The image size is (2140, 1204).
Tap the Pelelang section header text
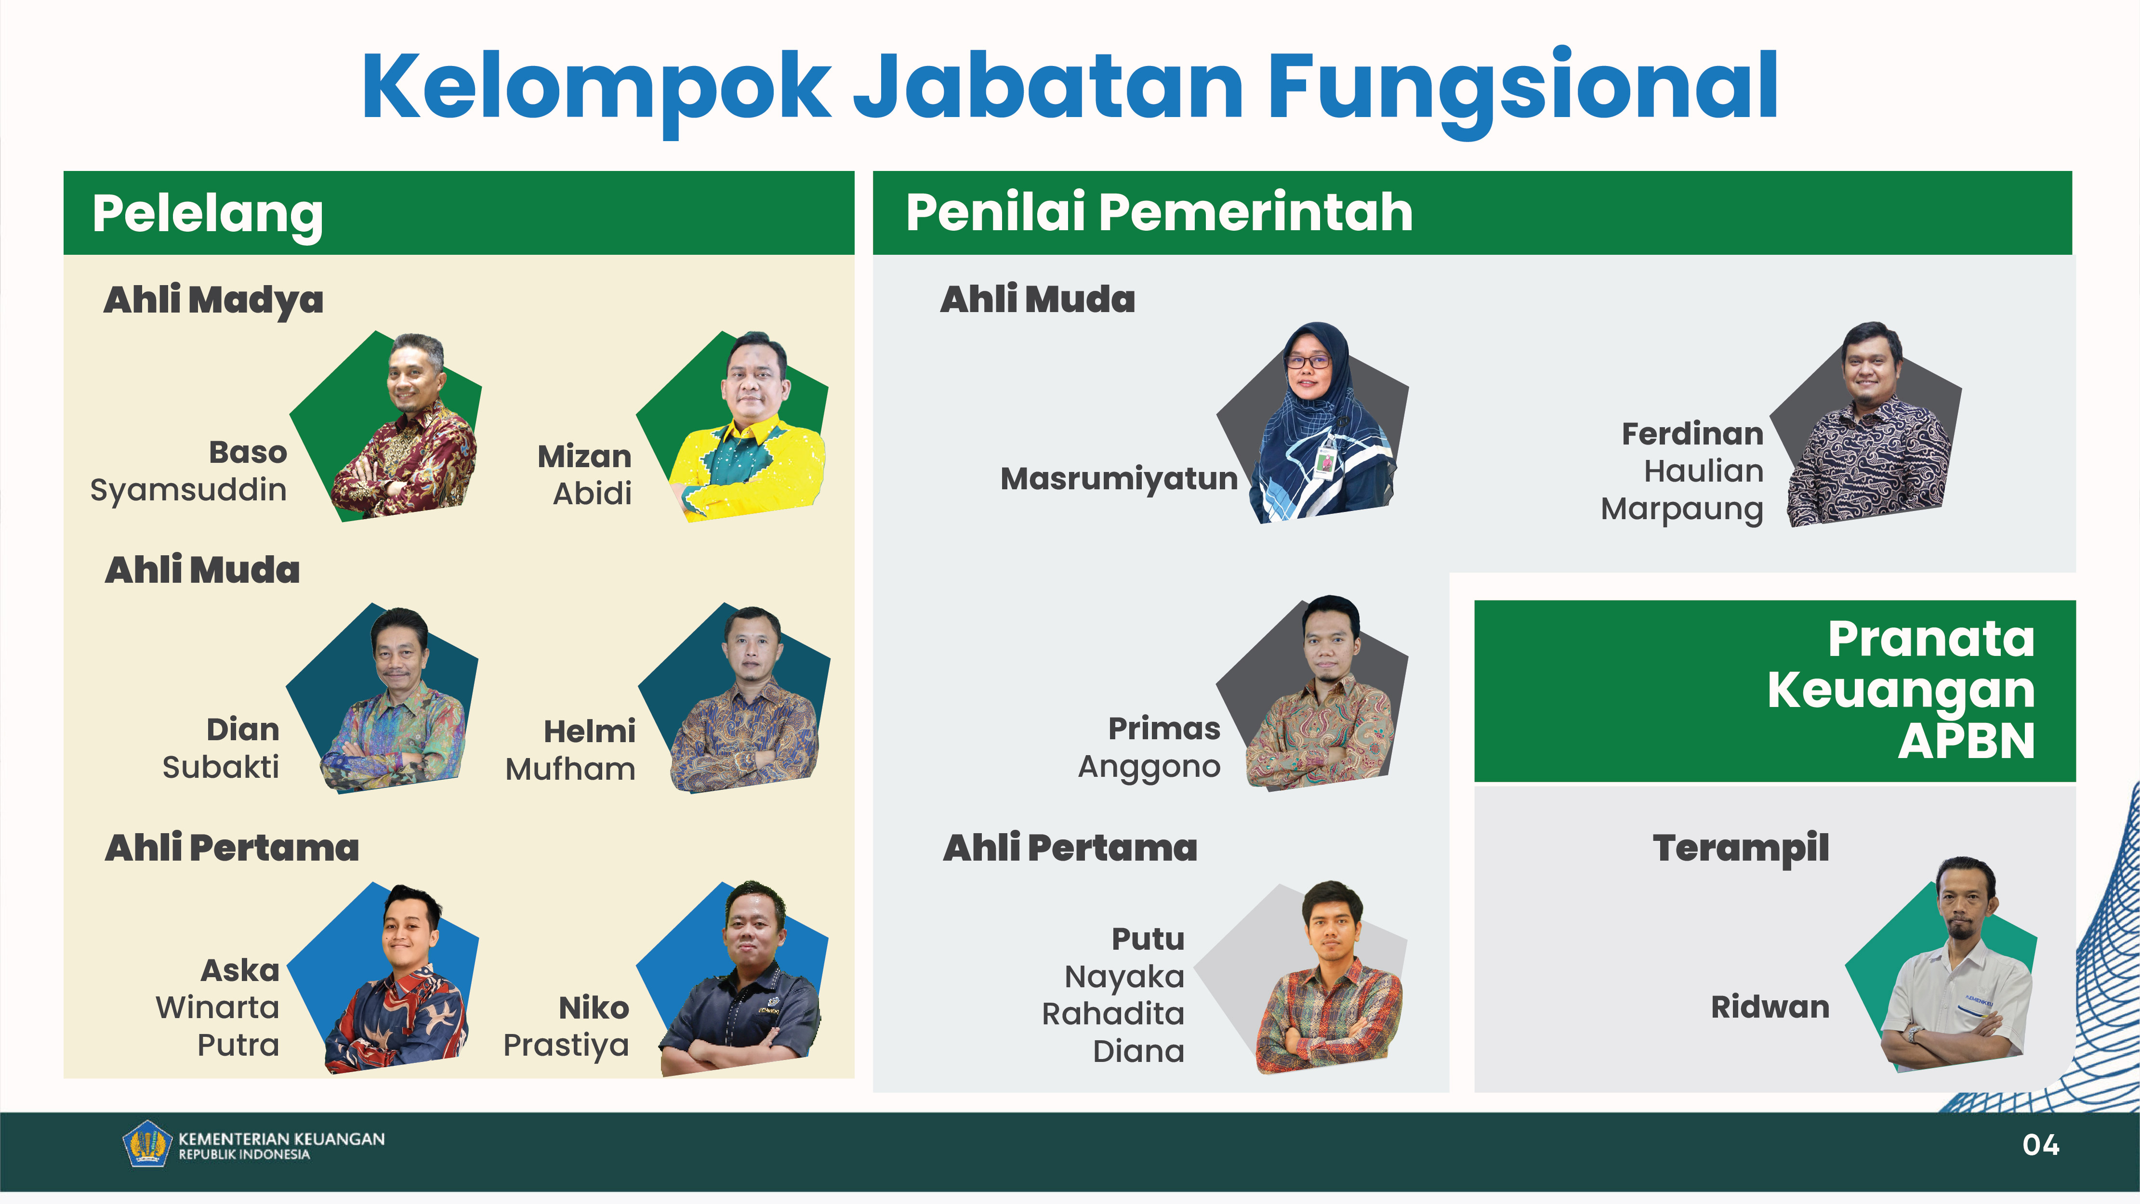[208, 214]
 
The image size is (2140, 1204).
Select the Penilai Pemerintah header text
[1159, 212]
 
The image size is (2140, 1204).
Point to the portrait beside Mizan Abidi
[735, 425]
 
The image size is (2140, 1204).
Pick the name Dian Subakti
[221, 748]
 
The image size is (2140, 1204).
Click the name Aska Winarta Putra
[218, 1007]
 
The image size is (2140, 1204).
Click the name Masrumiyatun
[1119, 479]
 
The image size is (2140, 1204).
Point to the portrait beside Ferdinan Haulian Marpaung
[1867, 423]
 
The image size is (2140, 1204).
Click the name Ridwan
[1770, 1007]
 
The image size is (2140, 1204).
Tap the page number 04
[2041, 1145]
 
